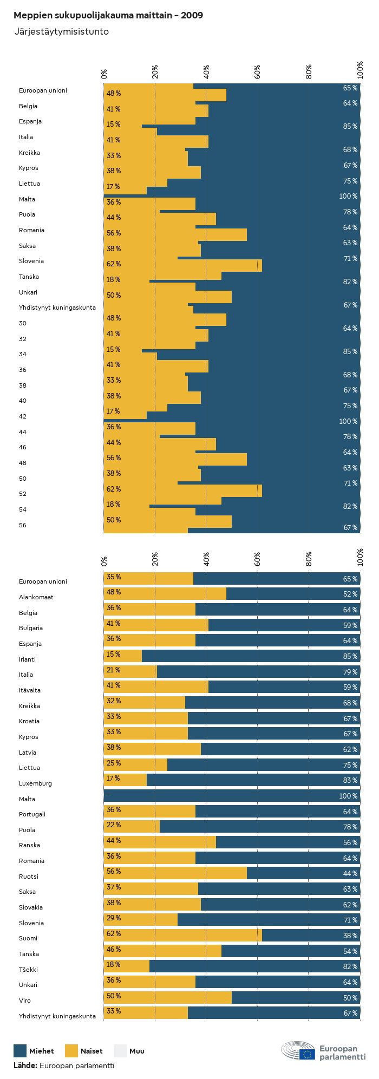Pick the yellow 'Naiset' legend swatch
[x=71, y=1051]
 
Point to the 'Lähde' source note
[x=63, y=1065]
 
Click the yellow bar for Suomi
[x=182, y=936]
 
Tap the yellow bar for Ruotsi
[x=175, y=873]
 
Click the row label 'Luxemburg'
[x=35, y=783]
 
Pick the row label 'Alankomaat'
[x=36, y=597]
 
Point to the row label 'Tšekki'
[x=28, y=970]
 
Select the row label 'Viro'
[x=25, y=1000]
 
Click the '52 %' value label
[x=350, y=594]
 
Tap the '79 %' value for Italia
[x=350, y=672]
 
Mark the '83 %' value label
[x=350, y=781]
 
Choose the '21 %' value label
[x=114, y=670]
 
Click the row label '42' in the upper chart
[x=22, y=417]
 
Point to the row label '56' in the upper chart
[x=22, y=526]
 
